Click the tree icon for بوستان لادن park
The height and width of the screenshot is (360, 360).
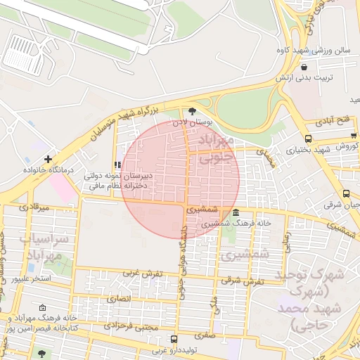pyautogui.click(x=193, y=110)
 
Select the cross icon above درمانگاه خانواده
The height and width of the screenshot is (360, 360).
pyautogui.click(x=48, y=159)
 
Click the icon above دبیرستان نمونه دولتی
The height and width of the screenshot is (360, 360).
pyautogui.click(x=117, y=165)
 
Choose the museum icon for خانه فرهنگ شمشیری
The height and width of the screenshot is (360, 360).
pyautogui.click(x=235, y=213)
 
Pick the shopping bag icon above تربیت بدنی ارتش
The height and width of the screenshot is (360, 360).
pyautogui.click(x=303, y=67)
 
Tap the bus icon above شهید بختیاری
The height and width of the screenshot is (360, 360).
pyautogui.click(x=308, y=139)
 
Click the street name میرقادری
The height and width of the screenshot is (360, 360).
pyautogui.click(x=34, y=207)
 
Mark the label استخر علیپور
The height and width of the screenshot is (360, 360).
pyautogui.click(x=34, y=279)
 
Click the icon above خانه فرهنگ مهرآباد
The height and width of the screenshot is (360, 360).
pyautogui.click(x=41, y=308)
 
